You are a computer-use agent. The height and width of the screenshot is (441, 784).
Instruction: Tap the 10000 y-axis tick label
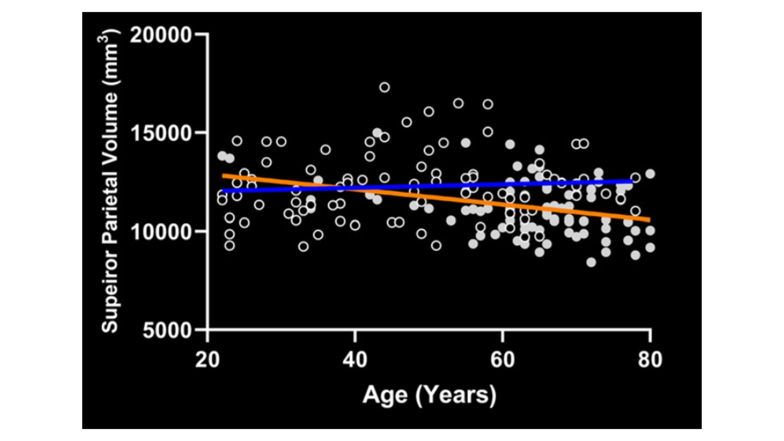(x=161, y=232)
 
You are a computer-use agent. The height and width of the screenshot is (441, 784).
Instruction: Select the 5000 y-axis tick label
(x=167, y=331)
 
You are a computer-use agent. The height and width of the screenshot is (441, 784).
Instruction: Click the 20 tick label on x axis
(x=207, y=360)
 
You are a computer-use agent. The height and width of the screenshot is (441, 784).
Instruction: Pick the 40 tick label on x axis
(x=355, y=360)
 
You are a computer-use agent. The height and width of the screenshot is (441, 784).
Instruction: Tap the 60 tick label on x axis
(x=502, y=360)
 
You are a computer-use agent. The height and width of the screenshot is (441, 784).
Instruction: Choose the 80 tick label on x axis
(x=650, y=360)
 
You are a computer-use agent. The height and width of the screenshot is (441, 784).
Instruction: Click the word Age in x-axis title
(x=385, y=395)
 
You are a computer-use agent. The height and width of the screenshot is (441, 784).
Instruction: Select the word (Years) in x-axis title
(x=456, y=395)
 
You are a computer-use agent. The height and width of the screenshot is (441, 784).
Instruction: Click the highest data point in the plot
(x=384, y=87)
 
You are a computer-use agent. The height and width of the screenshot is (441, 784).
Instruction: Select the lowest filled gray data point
(x=591, y=262)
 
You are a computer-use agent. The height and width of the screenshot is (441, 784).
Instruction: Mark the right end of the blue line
(x=632, y=181)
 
